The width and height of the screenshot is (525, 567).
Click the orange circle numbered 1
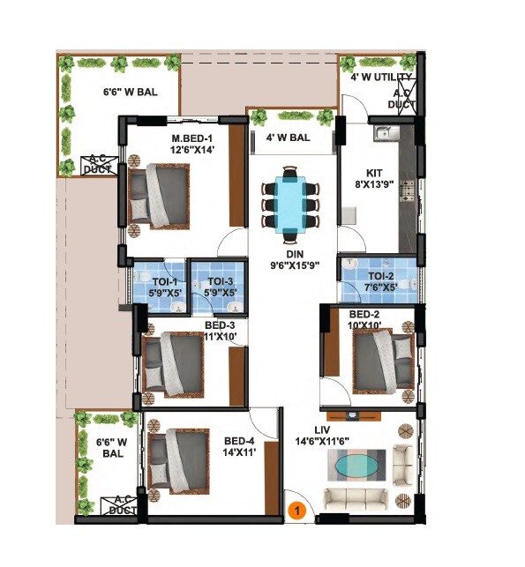click(298, 509)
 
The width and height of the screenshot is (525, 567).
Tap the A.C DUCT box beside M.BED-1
click(97, 164)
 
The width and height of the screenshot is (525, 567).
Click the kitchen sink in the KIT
click(382, 134)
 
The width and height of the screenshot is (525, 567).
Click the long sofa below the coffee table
click(356, 500)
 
